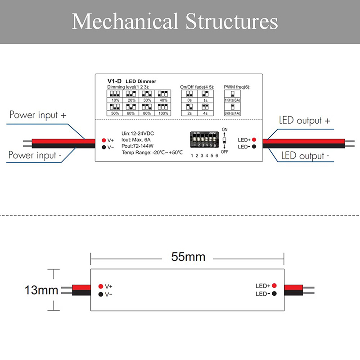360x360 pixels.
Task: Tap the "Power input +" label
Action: (38, 115)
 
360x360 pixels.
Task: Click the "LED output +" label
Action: (305, 120)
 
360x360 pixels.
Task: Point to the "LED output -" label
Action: (305, 156)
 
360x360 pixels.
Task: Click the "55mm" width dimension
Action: (188, 257)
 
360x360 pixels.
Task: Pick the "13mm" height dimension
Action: (41, 290)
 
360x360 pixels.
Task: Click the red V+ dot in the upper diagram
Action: (103, 140)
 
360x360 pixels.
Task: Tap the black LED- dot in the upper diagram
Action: (254, 147)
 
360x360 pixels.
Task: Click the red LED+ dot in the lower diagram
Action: (274, 286)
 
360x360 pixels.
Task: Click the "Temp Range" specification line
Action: (152, 153)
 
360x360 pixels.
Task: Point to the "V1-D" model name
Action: (112, 81)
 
